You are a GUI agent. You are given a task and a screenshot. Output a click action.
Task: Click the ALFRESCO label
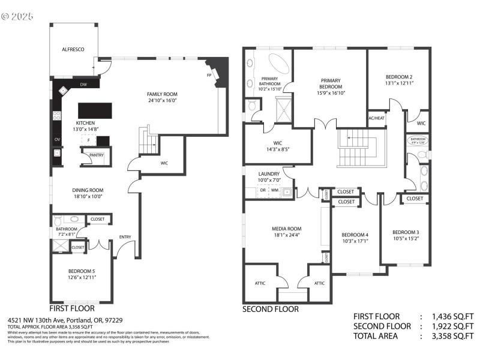click(x=73, y=50)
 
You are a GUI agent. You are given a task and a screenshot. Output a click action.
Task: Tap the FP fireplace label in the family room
click(x=209, y=76)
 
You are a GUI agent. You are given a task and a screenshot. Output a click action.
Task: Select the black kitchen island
click(x=95, y=110)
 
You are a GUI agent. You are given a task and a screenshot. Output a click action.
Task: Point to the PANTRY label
click(x=96, y=155)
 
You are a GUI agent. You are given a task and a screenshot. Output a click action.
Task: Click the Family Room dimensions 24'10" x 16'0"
click(x=163, y=101)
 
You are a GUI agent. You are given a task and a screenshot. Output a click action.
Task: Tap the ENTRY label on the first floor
click(x=125, y=236)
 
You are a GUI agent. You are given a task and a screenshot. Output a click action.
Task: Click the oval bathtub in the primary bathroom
click(x=277, y=64)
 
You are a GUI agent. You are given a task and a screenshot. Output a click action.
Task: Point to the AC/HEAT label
click(x=376, y=118)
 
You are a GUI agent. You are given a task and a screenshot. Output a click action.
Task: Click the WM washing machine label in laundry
click(x=275, y=190)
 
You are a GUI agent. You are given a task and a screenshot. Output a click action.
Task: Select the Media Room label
click(x=286, y=229)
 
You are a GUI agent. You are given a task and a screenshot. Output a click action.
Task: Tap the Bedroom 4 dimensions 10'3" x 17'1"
click(x=355, y=241)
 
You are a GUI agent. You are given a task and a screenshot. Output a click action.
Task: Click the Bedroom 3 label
click(x=406, y=232)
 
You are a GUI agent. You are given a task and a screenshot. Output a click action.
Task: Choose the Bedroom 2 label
click(x=398, y=76)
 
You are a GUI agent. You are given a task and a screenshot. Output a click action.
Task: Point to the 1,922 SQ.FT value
click(x=451, y=326)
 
